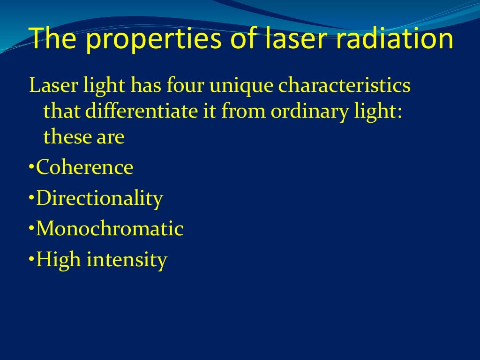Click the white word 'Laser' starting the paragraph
pyautogui.click(x=49, y=86)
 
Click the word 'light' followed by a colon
pyautogui.click(x=379, y=112)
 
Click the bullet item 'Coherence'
pyautogui.click(x=85, y=167)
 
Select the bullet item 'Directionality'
pyautogui.click(x=99, y=199)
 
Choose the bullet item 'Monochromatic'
pyautogui.click(x=110, y=229)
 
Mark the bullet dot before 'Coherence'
pyautogui.click(x=31, y=168)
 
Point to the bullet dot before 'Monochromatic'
pyautogui.click(x=31, y=229)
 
